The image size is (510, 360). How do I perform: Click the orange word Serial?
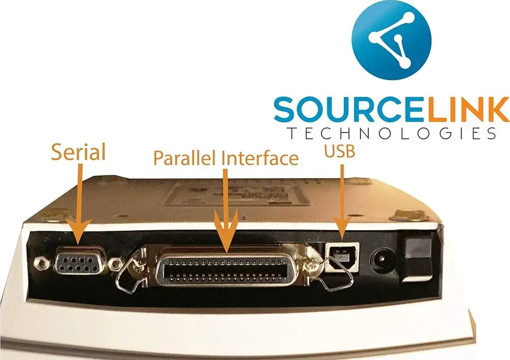coord(79,152)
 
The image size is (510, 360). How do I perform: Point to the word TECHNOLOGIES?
coord(391,134)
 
